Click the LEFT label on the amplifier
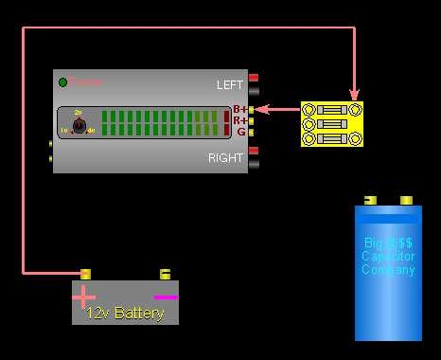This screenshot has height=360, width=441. (x=230, y=85)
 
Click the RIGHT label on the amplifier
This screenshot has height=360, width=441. (x=226, y=158)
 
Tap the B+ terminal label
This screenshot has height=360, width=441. (x=240, y=110)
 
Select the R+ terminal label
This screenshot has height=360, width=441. (x=240, y=121)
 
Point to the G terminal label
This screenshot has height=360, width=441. (x=241, y=132)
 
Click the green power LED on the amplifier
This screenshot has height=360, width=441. (x=63, y=82)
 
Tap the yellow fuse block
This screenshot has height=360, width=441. (x=331, y=124)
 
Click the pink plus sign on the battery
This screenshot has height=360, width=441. (x=85, y=296)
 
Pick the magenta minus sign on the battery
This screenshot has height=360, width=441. (x=166, y=297)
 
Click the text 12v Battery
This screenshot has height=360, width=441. (x=125, y=313)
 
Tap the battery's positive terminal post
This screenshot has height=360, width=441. (x=85, y=275)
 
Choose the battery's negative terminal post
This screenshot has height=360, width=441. (x=165, y=275)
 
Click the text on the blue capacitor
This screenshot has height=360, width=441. (x=388, y=256)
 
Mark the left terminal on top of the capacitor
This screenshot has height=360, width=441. (x=370, y=200)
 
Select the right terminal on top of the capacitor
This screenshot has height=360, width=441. (x=406, y=200)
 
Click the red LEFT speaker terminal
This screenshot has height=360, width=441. (x=254, y=79)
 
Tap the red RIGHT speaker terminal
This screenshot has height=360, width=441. (x=254, y=151)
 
